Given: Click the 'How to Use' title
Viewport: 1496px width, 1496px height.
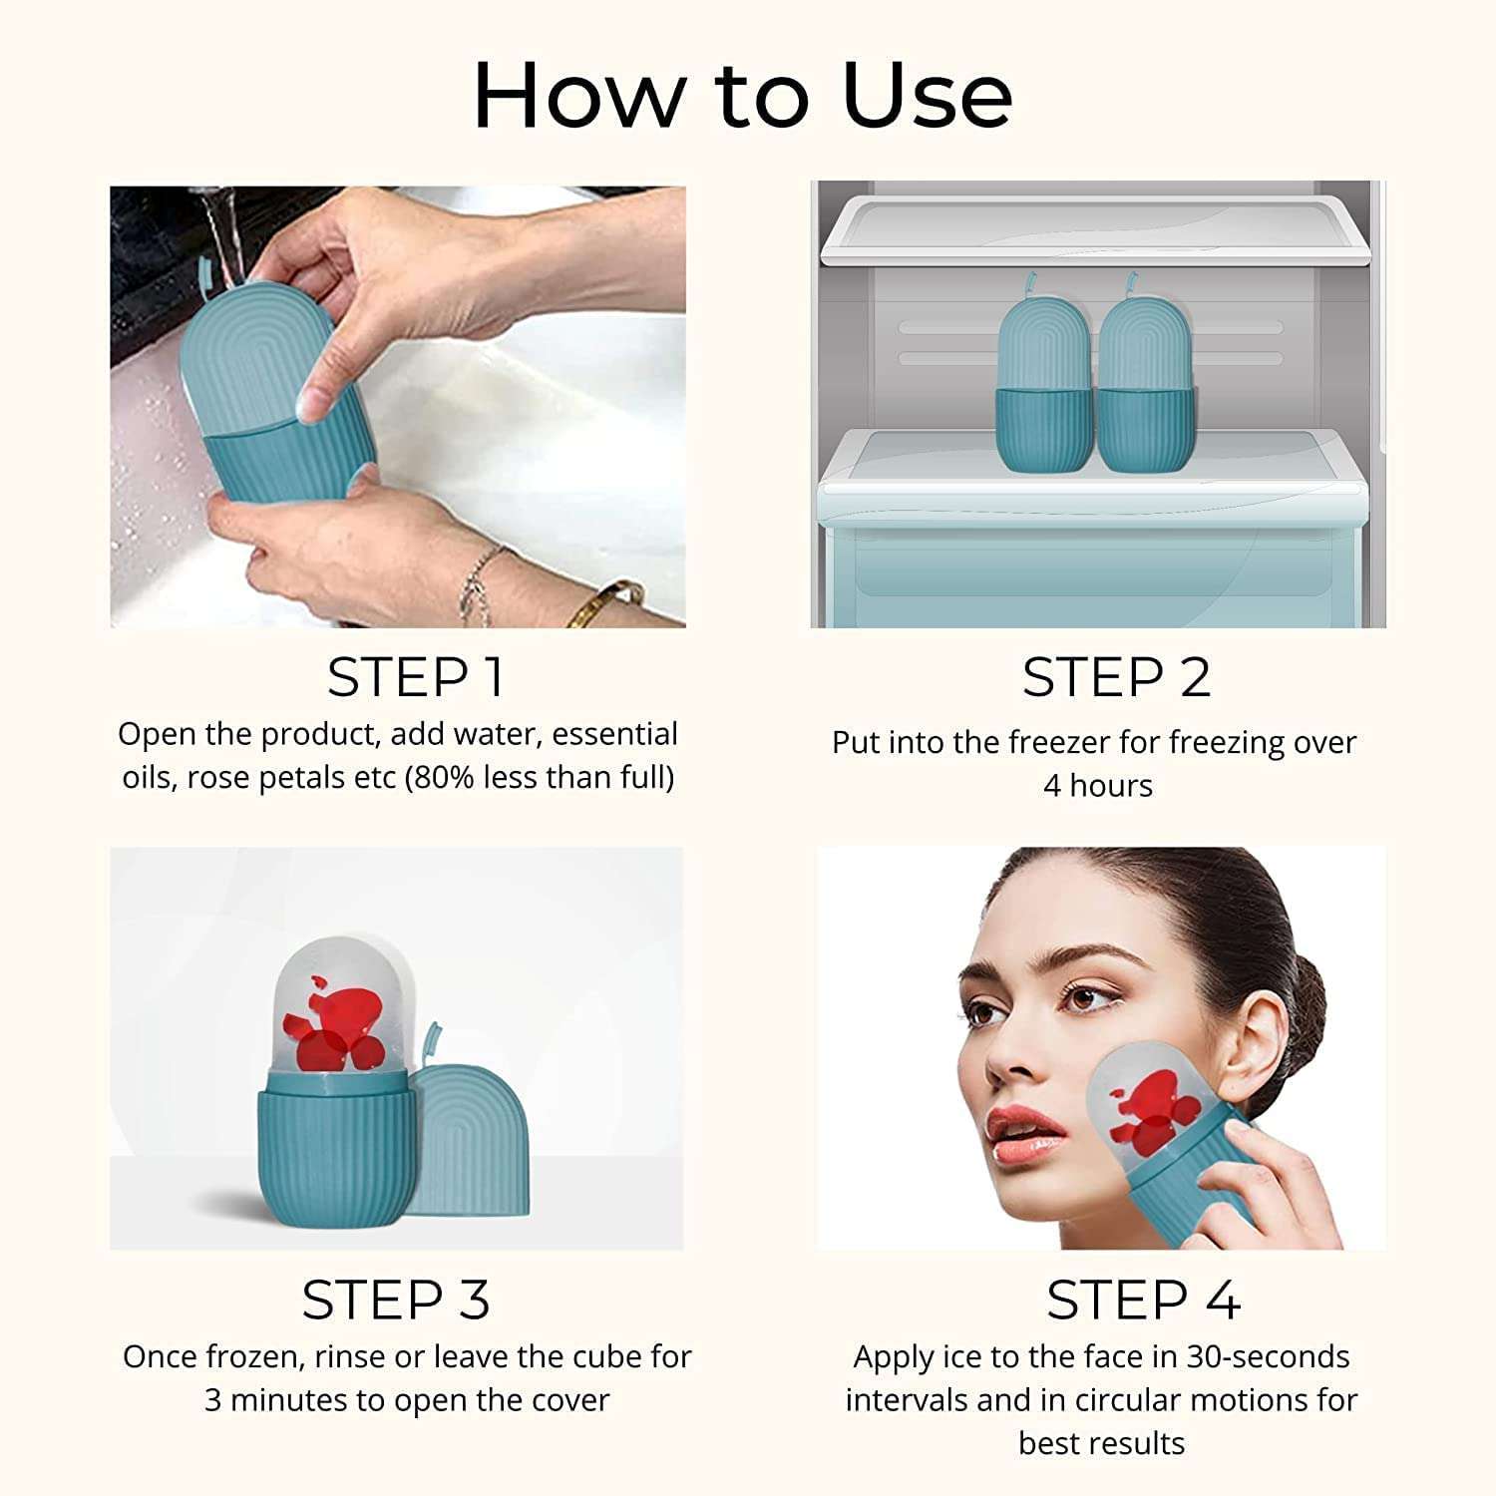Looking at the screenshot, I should point(743,95).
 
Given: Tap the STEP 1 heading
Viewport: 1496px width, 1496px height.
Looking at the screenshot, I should point(415,678).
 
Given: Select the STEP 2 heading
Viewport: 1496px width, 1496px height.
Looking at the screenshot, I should point(1116,678).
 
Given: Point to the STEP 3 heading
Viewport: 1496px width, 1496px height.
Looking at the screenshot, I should point(396,1301).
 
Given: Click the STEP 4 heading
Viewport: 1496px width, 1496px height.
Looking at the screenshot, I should point(1143,1301).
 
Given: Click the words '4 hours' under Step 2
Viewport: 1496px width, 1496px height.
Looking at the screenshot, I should point(1097,786).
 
